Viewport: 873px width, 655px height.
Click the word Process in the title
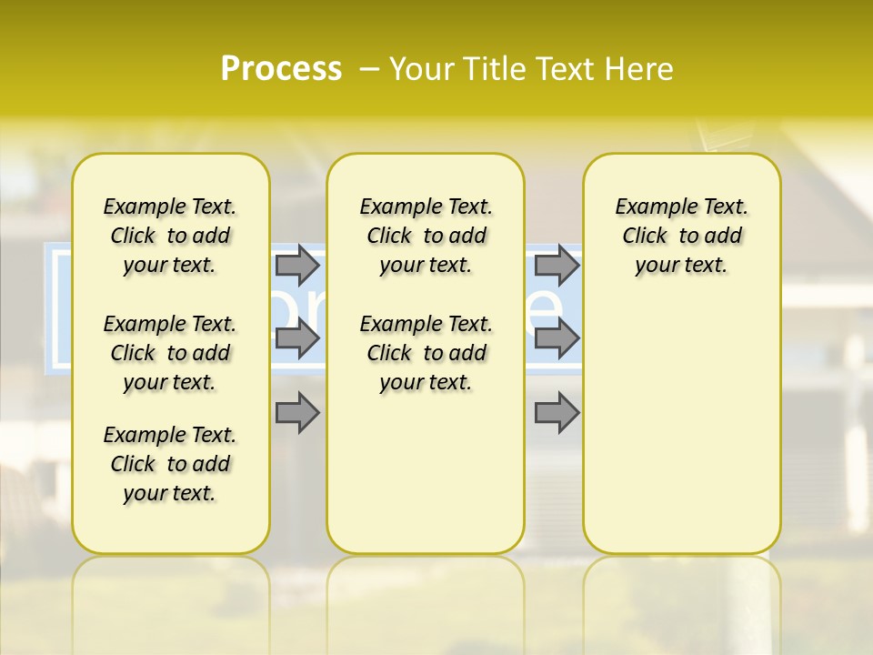click(281, 68)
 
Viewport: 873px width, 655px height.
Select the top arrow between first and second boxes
click(296, 266)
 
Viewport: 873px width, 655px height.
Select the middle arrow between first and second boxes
click(296, 339)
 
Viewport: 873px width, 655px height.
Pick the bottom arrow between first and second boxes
click(296, 413)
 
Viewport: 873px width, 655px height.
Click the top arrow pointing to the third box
click(557, 266)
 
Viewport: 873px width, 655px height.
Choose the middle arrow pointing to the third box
click(557, 339)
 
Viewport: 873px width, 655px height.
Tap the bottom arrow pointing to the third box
click(557, 413)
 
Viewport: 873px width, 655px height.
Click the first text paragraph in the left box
click(170, 236)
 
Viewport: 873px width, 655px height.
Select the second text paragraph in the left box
click(170, 353)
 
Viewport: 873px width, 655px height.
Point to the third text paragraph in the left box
click(170, 464)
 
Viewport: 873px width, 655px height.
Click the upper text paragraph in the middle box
click(426, 236)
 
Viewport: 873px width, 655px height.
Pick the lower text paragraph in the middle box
click(426, 353)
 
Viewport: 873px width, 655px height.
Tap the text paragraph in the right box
click(681, 236)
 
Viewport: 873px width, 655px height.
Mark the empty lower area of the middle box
click(426, 473)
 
